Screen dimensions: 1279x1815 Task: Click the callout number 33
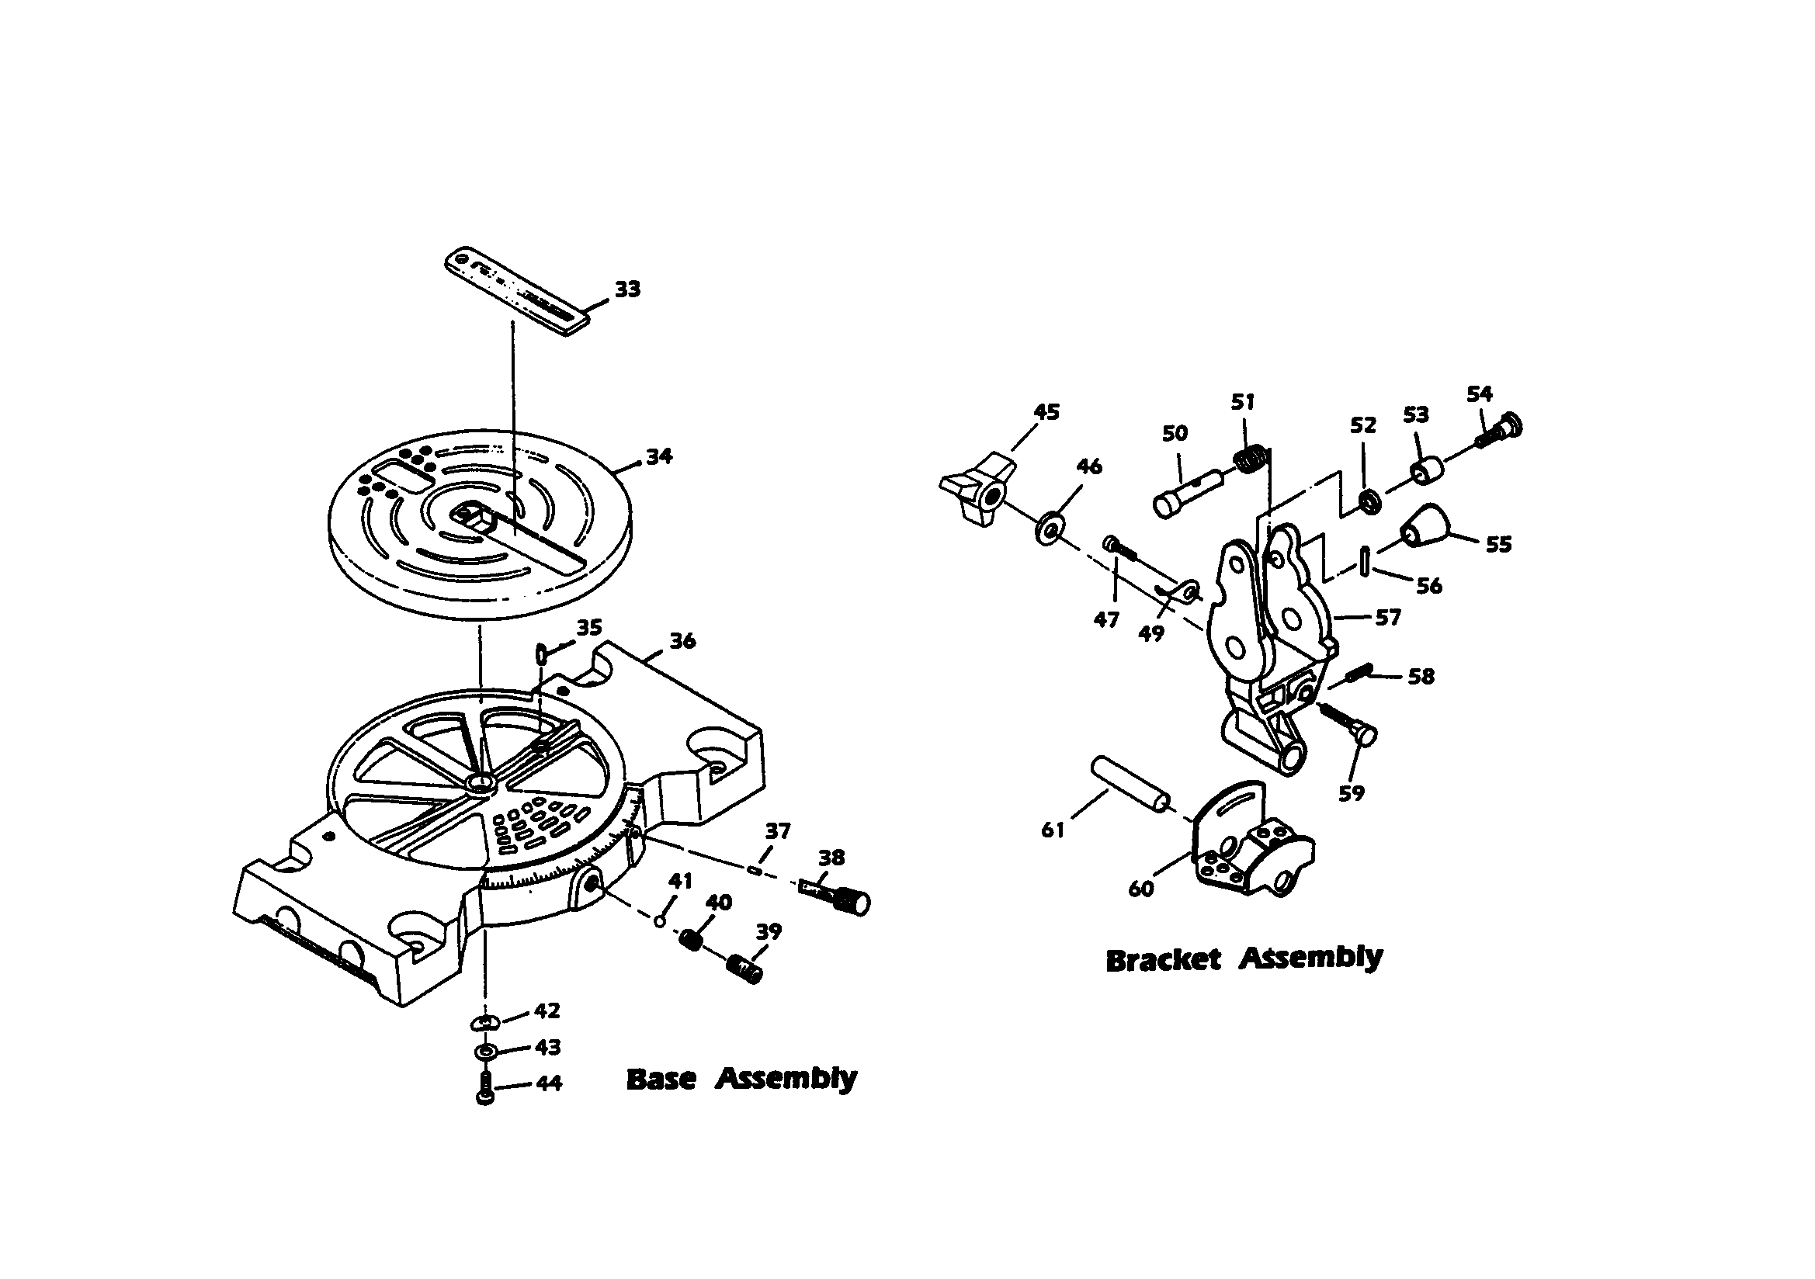click(627, 289)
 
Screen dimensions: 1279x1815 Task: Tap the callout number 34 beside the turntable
click(658, 456)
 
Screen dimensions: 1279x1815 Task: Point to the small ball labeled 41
click(660, 920)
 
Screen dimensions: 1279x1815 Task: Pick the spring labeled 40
click(692, 939)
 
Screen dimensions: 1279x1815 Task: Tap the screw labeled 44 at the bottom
click(485, 1090)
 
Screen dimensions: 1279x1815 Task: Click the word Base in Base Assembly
click(661, 1080)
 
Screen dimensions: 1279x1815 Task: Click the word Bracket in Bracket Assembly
click(1163, 961)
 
